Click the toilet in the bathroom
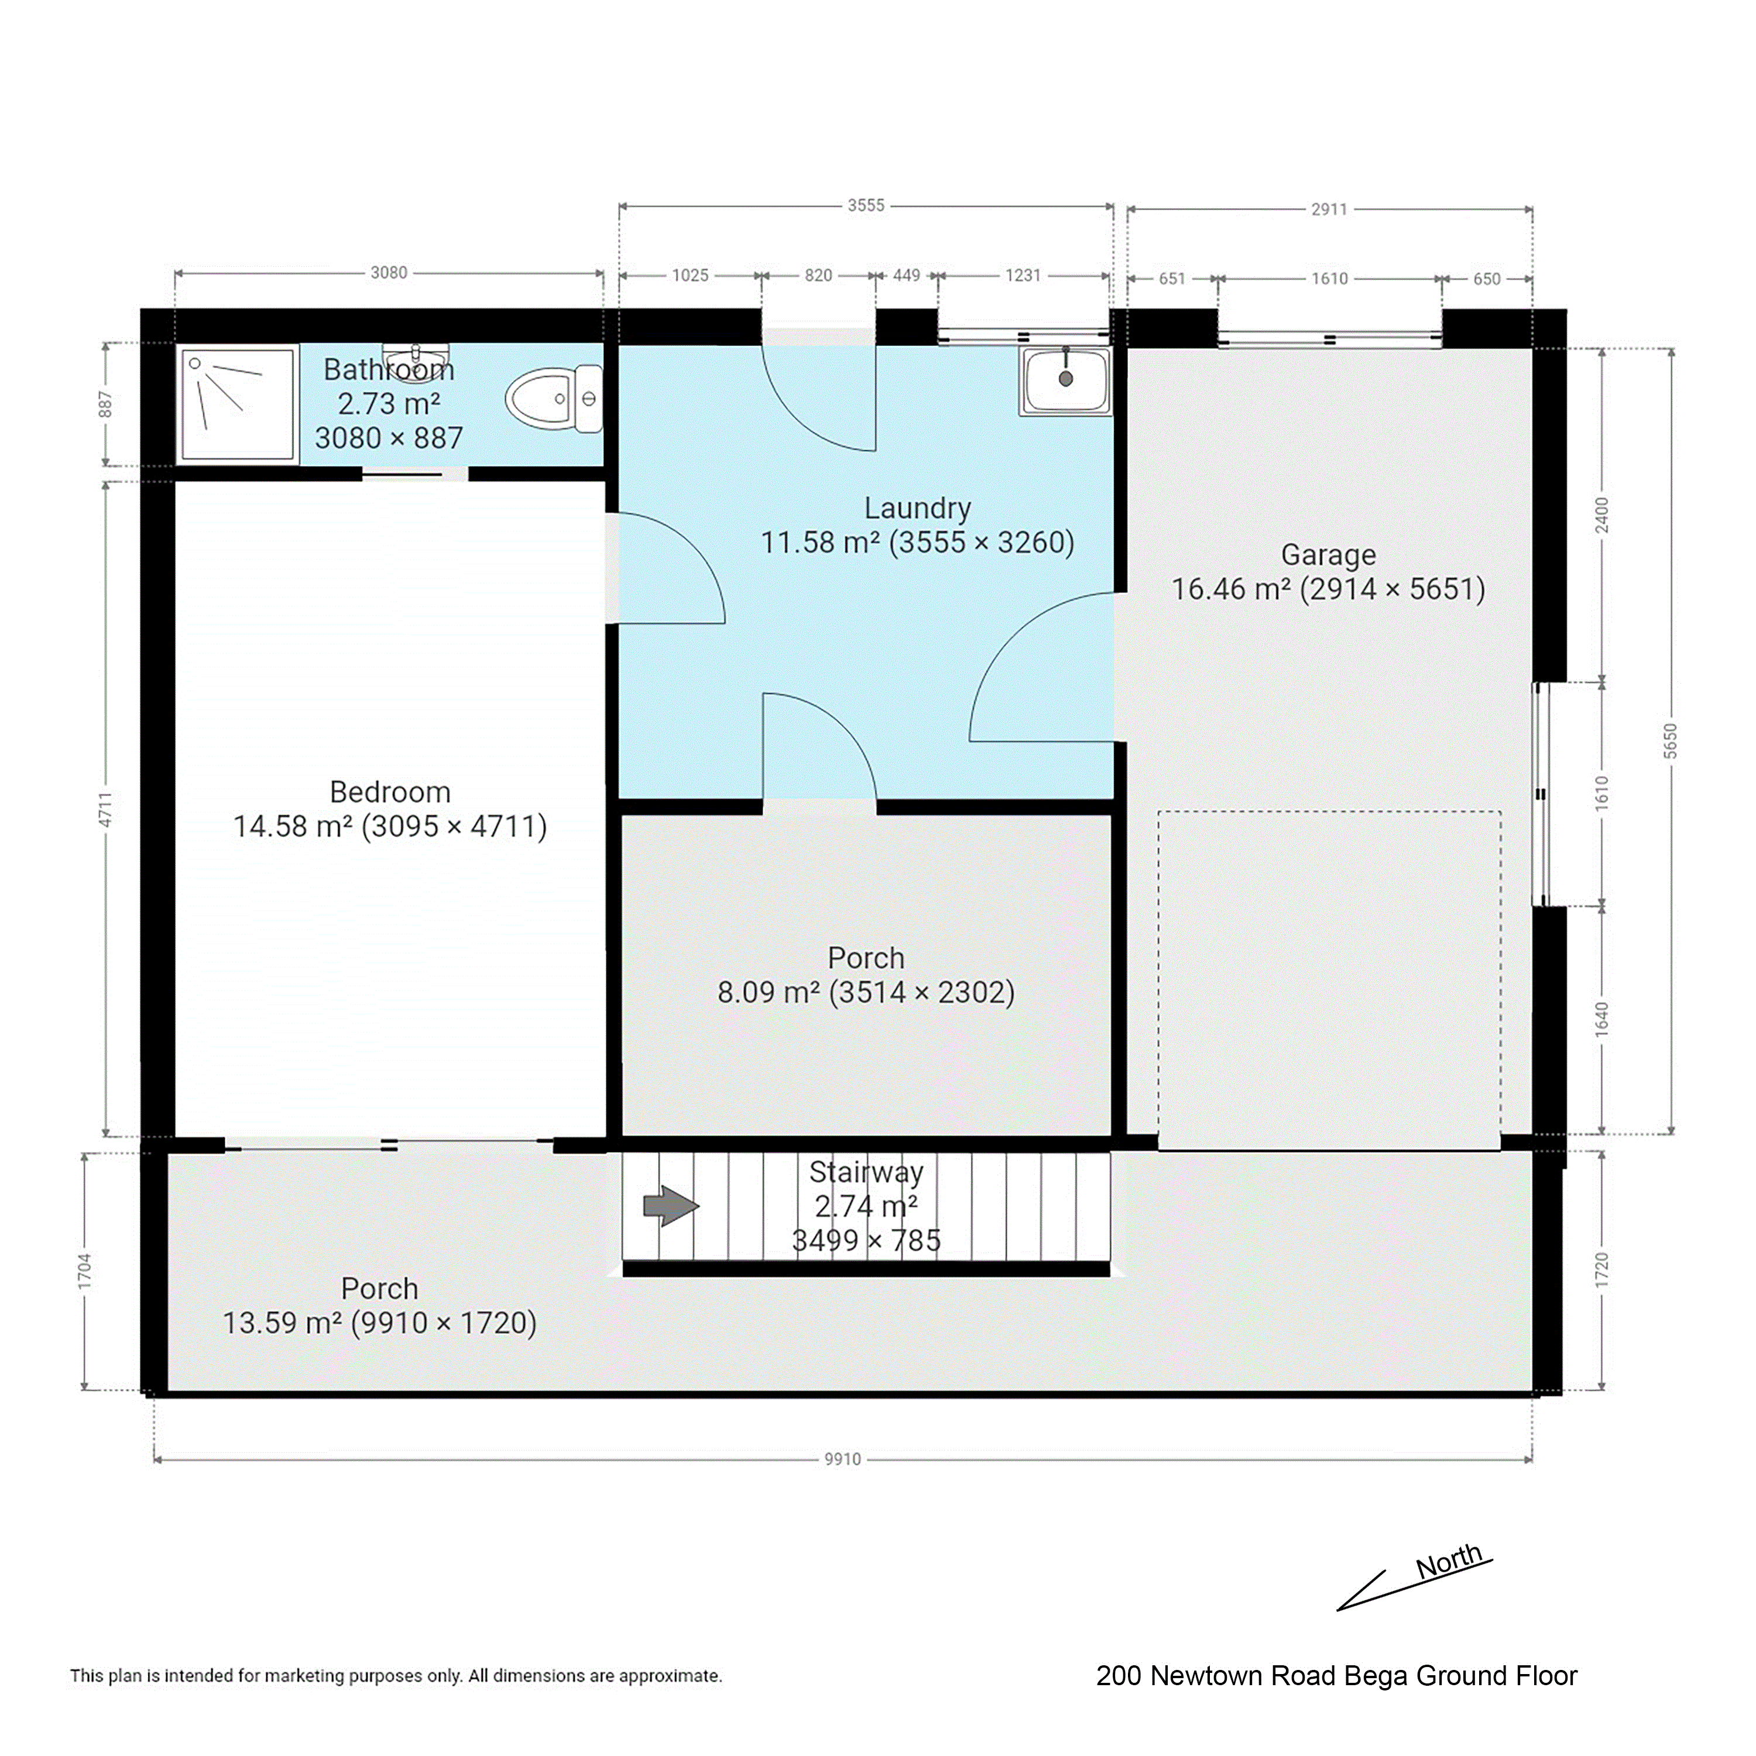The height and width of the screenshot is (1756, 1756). (x=554, y=399)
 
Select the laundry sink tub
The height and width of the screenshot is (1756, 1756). (x=1065, y=382)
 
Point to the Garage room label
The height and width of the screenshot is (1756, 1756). (x=1328, y=554)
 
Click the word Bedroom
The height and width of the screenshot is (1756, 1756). (x=390, y=791)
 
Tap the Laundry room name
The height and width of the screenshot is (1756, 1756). (x=917, y=508)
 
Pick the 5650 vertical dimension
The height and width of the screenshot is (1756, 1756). (x=1671, y=742)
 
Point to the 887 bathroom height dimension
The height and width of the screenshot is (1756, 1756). (x=105, y=404)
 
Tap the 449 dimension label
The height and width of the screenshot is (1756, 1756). (x=906, y=275)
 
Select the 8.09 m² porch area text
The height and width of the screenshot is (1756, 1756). (x=769, y=992)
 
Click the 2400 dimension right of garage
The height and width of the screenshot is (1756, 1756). (x=1603, y=515)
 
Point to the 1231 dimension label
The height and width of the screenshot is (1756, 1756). (x=1023, y=275)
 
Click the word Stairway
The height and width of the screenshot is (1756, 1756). (x=866, y=1172)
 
